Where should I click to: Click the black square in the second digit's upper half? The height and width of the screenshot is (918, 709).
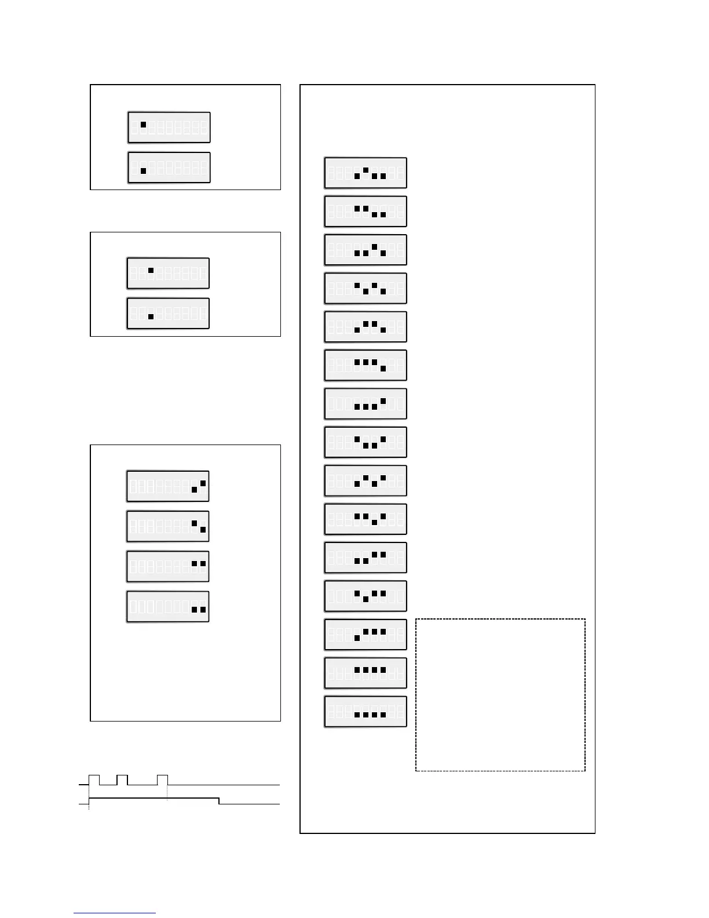143,124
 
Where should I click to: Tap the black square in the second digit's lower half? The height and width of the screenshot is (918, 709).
143,171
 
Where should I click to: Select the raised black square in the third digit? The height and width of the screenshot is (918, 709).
151,270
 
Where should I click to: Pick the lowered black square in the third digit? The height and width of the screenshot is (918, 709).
151,316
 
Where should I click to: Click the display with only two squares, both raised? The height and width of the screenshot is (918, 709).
168,566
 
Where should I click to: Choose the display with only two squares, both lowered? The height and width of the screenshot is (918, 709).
168,607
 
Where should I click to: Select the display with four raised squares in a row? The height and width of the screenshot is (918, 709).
366,673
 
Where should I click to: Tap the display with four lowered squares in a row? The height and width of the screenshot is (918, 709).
366,711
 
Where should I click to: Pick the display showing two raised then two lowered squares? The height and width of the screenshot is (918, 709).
366,211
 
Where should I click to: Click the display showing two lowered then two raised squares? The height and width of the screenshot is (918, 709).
366,558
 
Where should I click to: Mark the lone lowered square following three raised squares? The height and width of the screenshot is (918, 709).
383,369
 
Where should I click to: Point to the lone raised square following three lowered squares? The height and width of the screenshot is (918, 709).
383,400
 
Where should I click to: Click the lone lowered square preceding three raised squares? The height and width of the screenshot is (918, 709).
357,637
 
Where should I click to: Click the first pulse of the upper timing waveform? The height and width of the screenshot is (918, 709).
94,779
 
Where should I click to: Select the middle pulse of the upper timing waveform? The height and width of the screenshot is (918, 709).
122,779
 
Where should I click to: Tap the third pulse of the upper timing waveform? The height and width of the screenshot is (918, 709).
162,779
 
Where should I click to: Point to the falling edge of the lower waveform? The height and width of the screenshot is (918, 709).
219,801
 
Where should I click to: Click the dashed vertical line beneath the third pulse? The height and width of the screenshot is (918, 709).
167,792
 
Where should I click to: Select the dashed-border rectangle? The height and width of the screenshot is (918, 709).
500,695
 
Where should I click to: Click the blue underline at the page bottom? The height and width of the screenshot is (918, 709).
115,913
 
